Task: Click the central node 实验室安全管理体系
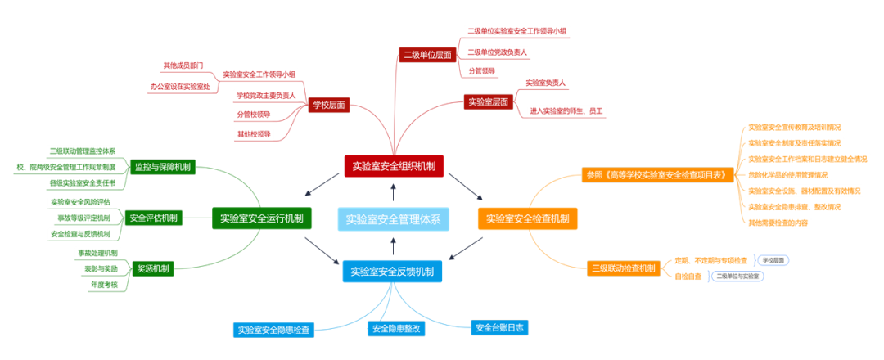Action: click(393, 218)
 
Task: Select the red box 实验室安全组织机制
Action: click(394, 166)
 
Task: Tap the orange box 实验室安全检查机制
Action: click(527, 218)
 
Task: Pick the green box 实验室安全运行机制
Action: click(262, 218)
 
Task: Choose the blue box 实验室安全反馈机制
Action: click(392, 272)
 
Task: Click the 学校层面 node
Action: click(329, 105)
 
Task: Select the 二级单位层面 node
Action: click(426, 55)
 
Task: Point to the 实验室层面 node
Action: click(489, 102)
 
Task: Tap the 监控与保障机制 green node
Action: click(163, 167)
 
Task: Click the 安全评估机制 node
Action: click(153, 218)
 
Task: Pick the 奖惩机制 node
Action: click(153, 268)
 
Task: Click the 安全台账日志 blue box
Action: click(499, 327)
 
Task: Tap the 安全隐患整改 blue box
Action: click(396, 329)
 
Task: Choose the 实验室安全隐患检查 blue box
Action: click(273, 331)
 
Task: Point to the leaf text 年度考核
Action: click(103, 285)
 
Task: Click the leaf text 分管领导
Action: click(481, 71)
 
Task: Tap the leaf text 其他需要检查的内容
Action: click(778, 222)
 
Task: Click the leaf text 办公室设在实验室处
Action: click(180, 86)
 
